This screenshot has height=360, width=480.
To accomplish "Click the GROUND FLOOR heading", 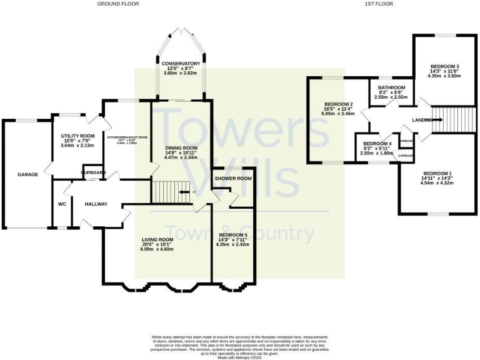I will (x=117, y=4).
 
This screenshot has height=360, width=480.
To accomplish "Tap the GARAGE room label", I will (x=27, y=174).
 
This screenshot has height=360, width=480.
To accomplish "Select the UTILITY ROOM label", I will (x=77, y=136).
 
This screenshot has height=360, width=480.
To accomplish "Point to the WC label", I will (x=62, y=204).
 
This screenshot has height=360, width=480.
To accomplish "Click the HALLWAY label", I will (x=97, y=204).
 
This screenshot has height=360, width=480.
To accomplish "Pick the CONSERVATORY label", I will (x=180, y=64).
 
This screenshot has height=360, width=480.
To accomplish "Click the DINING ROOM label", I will (x=181, y=148).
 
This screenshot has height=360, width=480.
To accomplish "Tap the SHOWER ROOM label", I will (x=233, y=178).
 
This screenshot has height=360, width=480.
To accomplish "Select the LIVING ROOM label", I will (x=157, y=239).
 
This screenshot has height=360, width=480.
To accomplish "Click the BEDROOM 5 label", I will (x=232, y=235).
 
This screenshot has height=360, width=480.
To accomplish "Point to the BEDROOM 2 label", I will (x=338, y=104).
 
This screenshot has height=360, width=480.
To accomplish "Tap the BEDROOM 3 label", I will (x=444, y=66).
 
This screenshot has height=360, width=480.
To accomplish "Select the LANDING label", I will (x=422, y=119).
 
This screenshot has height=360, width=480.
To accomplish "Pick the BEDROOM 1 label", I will (x=436, y=173).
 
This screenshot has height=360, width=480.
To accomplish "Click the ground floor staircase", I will (x=167, y=191).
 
